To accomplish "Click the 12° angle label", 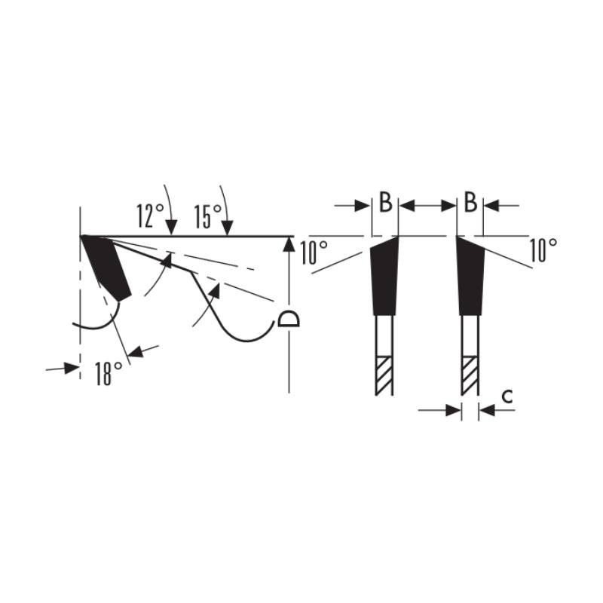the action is tap(150, 216).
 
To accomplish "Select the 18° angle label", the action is tap(109, 373).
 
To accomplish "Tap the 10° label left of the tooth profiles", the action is tap(314, 253).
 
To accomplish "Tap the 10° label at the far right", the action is tap(543, 250).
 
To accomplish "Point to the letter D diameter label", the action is tap(289, 317).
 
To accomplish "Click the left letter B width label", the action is tap(386, 202).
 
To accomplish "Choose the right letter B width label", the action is tap(470, 202).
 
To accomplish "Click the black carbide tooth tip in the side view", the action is tap(106, 268).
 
